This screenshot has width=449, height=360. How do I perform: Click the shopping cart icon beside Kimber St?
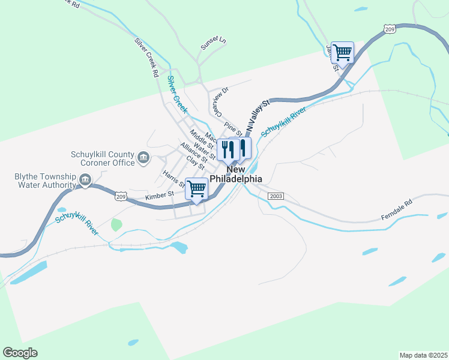(196, 189)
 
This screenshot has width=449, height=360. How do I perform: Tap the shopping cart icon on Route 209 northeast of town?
(342, 52)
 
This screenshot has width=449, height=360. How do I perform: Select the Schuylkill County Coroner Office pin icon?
(143, 158)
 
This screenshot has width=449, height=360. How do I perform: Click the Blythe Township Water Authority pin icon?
(85, 179)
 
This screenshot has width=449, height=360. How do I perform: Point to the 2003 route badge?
(276, 196)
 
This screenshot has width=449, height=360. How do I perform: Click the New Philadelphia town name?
(236, 174)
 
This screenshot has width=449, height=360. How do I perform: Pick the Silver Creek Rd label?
(146, 58)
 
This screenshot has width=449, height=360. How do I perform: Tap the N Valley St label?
(258, 116)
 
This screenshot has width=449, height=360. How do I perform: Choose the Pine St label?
(232, 128)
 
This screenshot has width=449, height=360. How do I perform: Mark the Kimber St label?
(159, 194)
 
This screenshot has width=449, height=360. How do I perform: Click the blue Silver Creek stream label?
(177, 95)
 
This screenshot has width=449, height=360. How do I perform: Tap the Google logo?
(20, 353)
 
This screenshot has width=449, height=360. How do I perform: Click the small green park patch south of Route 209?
(116, 225)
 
